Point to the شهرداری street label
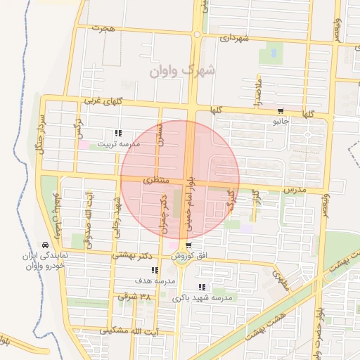click(x=235, y=38)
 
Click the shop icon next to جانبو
click(x=281, y=110)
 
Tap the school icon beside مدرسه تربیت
click(x=119, y=133)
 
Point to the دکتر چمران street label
click(x=164, y=215)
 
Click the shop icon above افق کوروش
click(x=188, y=245)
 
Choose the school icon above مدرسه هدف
click(x=155, y=270)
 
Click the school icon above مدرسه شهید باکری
click(x=202, y=287)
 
